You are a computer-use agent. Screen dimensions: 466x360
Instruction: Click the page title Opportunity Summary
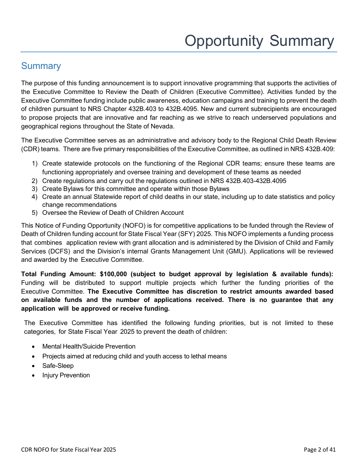259,41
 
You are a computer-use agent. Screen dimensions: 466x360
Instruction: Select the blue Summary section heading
41,66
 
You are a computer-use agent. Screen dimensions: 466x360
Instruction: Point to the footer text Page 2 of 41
319,450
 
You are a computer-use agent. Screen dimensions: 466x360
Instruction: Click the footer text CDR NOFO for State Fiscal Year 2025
69,450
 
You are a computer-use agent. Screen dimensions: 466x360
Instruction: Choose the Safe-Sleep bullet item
58,366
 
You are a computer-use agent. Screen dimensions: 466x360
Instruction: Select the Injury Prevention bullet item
66,375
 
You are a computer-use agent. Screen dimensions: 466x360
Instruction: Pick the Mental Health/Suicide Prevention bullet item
89,346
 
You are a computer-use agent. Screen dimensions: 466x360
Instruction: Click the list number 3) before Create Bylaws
34,189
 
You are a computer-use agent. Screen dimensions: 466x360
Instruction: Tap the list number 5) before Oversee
34,213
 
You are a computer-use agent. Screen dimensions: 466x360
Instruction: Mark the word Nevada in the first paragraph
162,126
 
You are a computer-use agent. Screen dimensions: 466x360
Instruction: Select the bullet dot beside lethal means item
34,357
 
